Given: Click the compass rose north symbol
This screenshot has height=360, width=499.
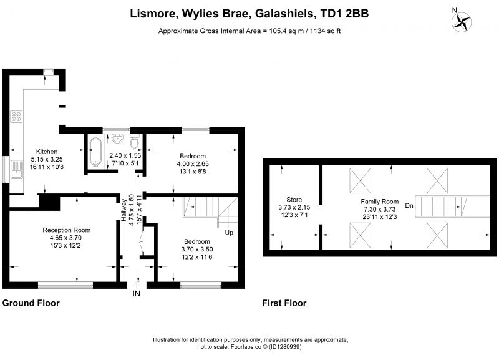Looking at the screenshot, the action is click(x=461, y=21).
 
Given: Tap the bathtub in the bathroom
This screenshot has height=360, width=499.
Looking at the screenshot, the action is click(x=95, y=152).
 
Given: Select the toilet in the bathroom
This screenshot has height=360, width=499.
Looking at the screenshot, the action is click(x=135, y=142).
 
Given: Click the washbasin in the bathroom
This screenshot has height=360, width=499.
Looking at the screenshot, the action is click(x=118, y=139).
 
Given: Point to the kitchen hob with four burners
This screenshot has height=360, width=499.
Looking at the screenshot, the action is click(x=17, y=117).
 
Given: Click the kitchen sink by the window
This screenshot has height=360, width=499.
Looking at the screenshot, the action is click(x=17, y=169).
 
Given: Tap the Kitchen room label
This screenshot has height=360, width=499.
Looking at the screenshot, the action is click(x=47, y=152).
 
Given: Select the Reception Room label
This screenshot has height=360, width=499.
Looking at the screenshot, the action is click(x=67, y=230).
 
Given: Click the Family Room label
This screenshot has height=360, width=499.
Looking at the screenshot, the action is click(x=380, y=202).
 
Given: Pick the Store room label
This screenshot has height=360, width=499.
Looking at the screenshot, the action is click(x=294, y=200).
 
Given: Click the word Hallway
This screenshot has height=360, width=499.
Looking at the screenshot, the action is click(x=124, y=210).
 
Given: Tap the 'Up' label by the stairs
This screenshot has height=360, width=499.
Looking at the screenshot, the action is click(x=229, y=233).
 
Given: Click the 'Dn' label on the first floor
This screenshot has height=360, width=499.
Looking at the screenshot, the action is click(x=409, y=206).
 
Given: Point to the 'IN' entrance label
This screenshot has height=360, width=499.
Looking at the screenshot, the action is click(x=136, y=293).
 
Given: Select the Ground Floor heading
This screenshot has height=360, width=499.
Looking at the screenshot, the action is click(x=31, y=303).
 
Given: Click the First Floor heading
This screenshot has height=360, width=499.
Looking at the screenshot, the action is click(x=284, y=303).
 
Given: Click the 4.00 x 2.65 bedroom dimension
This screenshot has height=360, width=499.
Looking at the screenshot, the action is click(x=193, y=163).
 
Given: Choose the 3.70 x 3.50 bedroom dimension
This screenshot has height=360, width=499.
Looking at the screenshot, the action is click(x=197, y=249).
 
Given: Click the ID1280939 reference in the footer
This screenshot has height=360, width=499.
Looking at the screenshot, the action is click(x=286, y=347).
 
